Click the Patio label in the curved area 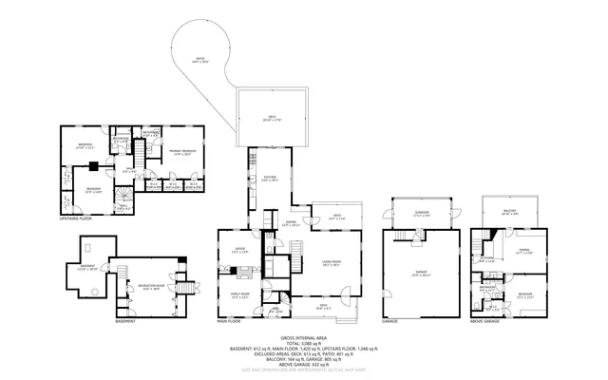click(201, 59)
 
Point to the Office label click(240, 251)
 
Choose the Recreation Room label click(150, 286)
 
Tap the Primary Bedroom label click(182, 152)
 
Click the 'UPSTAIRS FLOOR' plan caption click(74, 218)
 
